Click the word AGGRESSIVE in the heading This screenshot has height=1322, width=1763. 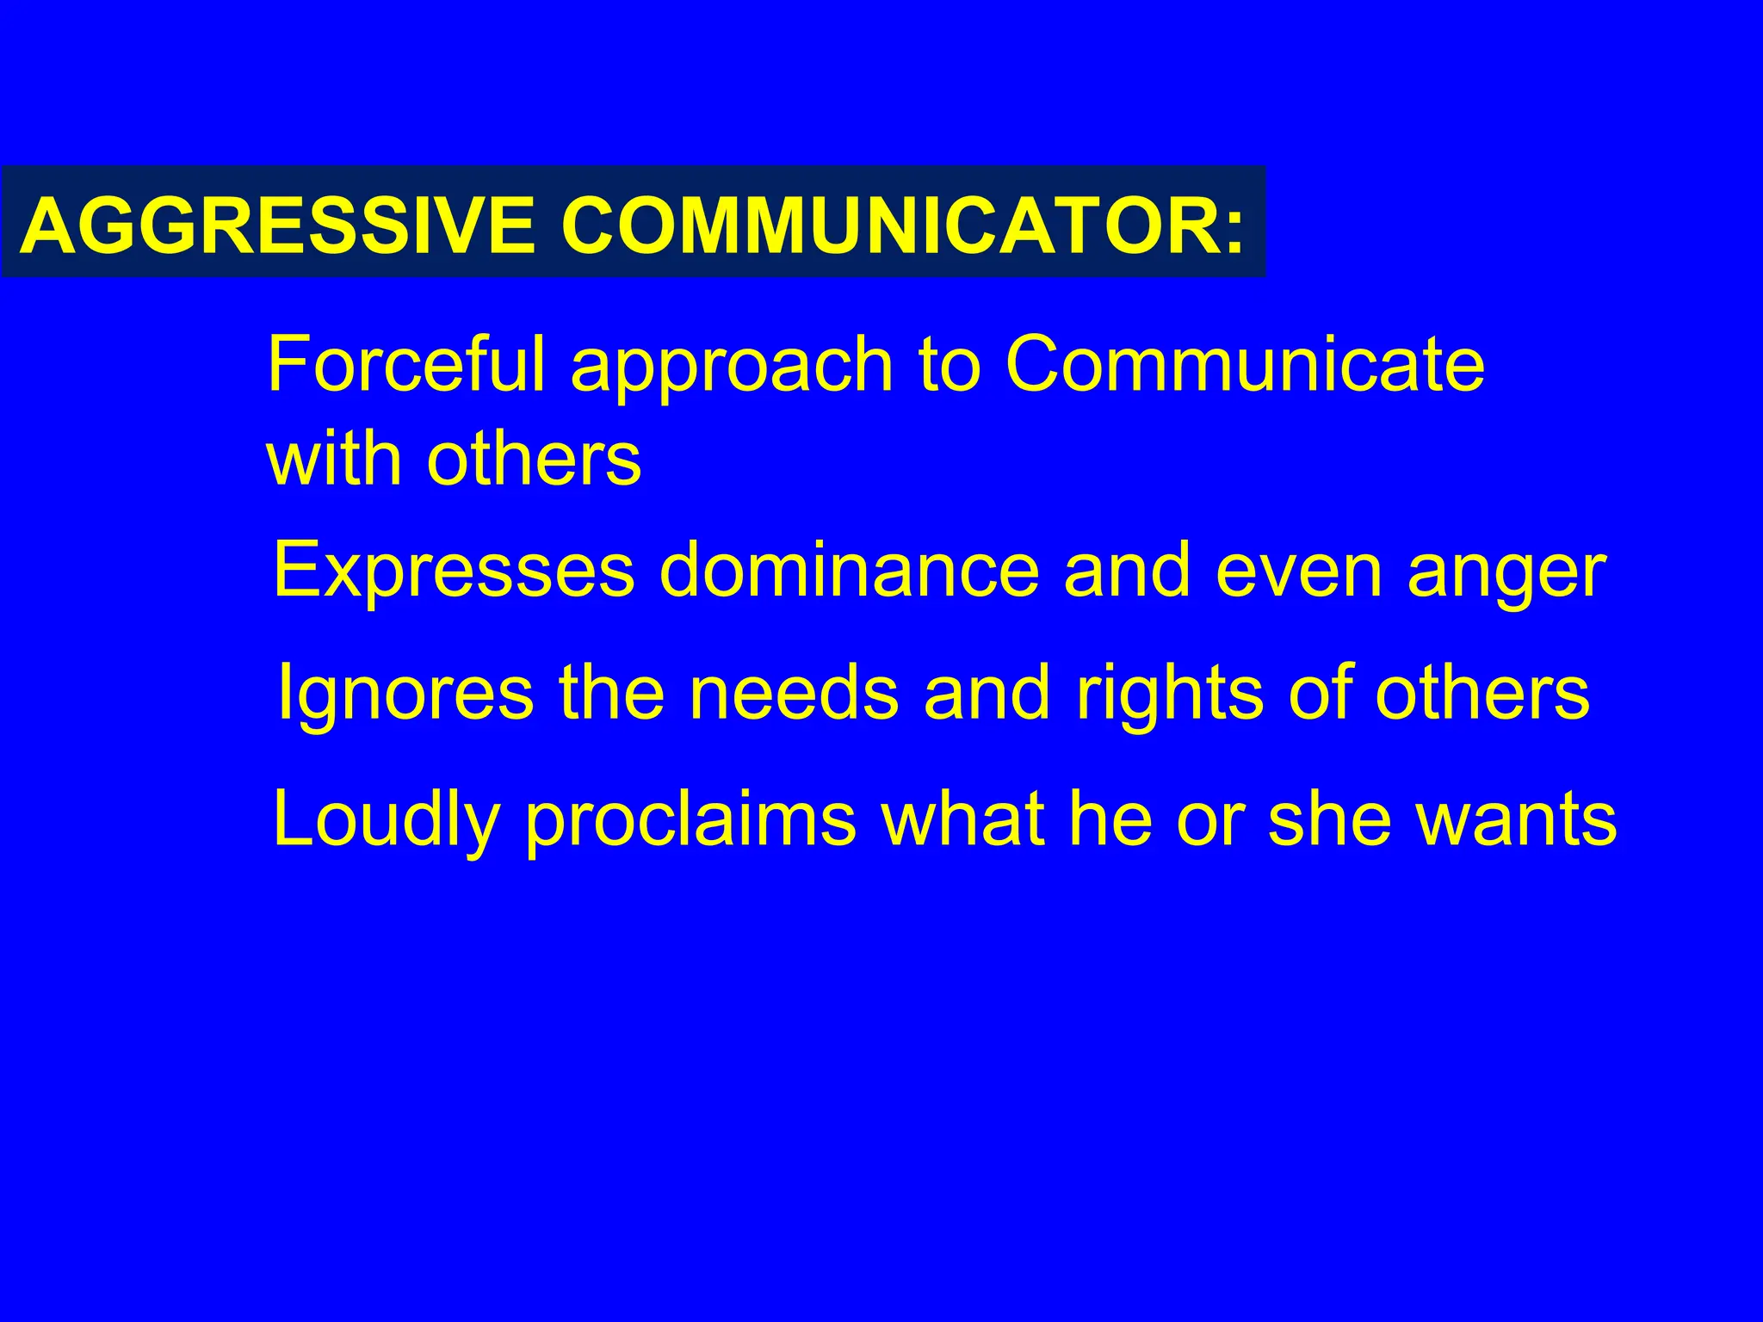277,225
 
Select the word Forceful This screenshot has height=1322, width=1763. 406,364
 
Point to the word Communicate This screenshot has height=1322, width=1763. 1245,364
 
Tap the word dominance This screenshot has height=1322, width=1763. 849,571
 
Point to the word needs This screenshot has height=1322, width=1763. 794,694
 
